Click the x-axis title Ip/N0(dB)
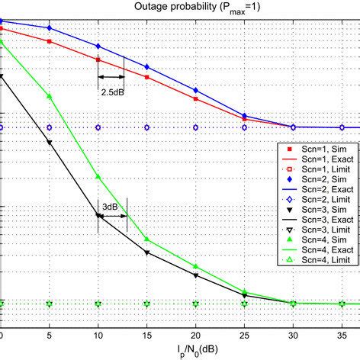[180, 352]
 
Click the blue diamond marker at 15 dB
[147, 66]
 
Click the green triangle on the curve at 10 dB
[98, 177]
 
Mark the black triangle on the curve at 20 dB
[196, 275]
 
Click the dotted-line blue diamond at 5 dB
[50, 127]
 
